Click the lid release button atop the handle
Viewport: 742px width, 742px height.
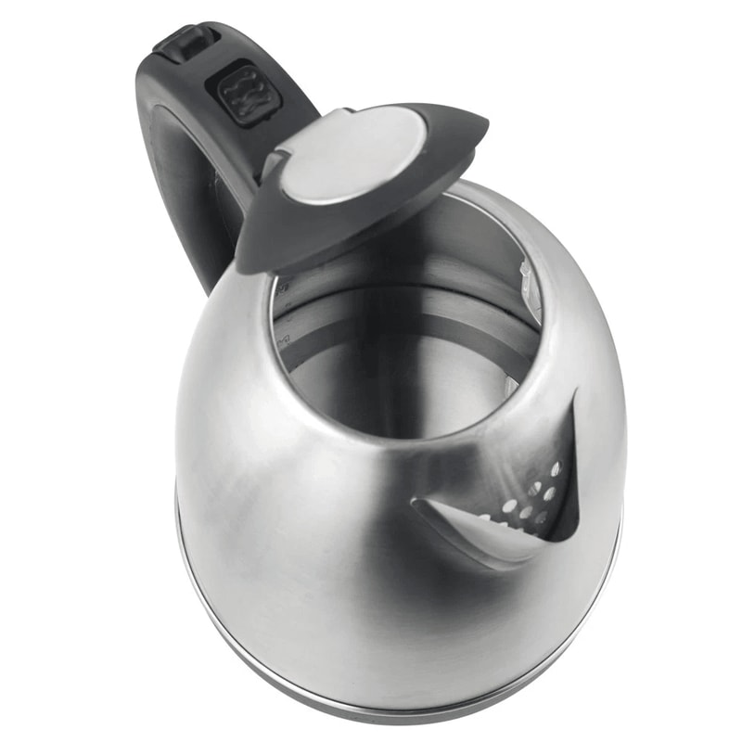(186, 43)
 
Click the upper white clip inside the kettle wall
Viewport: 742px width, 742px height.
(530, 278)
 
